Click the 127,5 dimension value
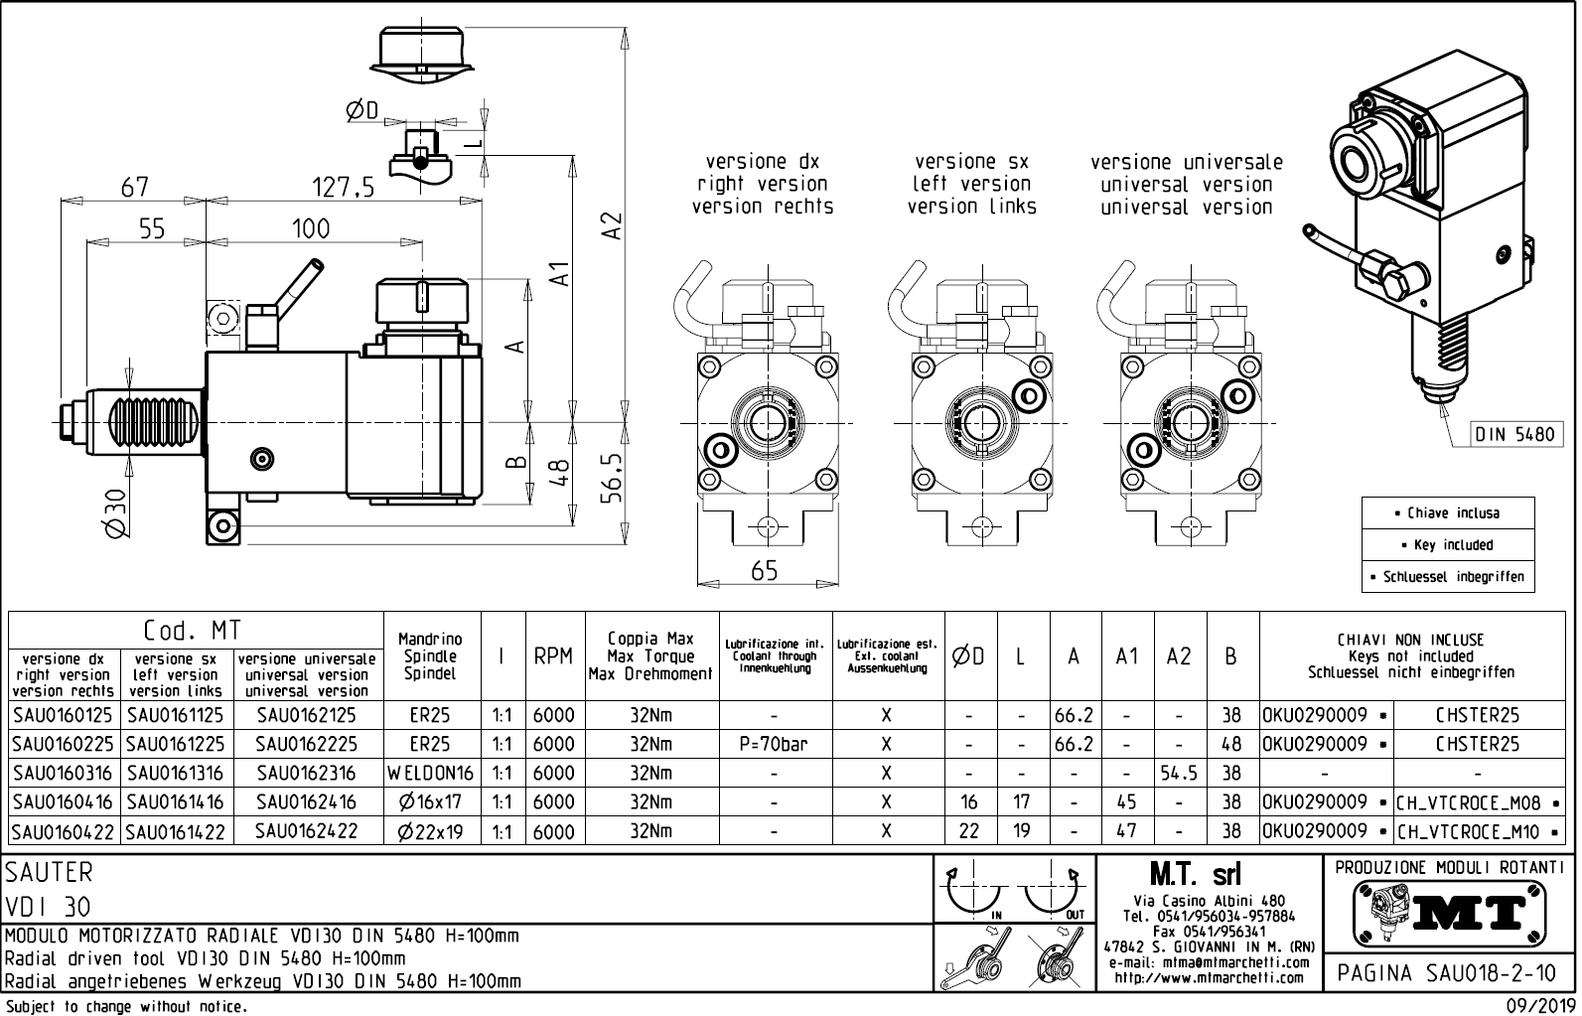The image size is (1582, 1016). [343, 186]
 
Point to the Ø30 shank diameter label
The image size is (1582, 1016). [116, 512]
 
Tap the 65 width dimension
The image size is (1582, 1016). [765, 571]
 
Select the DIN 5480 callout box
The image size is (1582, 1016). [1514, 434]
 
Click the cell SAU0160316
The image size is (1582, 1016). [64, 773]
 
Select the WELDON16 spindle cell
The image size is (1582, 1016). [431, 773]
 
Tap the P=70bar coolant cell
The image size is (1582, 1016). [773, 744]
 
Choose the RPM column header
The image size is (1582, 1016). [553, 656]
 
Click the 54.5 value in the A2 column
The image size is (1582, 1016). [1179, 773]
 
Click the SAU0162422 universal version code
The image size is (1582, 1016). [306, 831]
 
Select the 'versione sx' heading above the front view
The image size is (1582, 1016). [971, 161]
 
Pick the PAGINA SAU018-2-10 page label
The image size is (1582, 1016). [1447, 972]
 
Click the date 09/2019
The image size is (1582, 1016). [1540, 1005]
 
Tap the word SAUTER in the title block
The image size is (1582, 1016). [49, 872]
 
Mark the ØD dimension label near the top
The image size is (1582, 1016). [362, 111]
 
